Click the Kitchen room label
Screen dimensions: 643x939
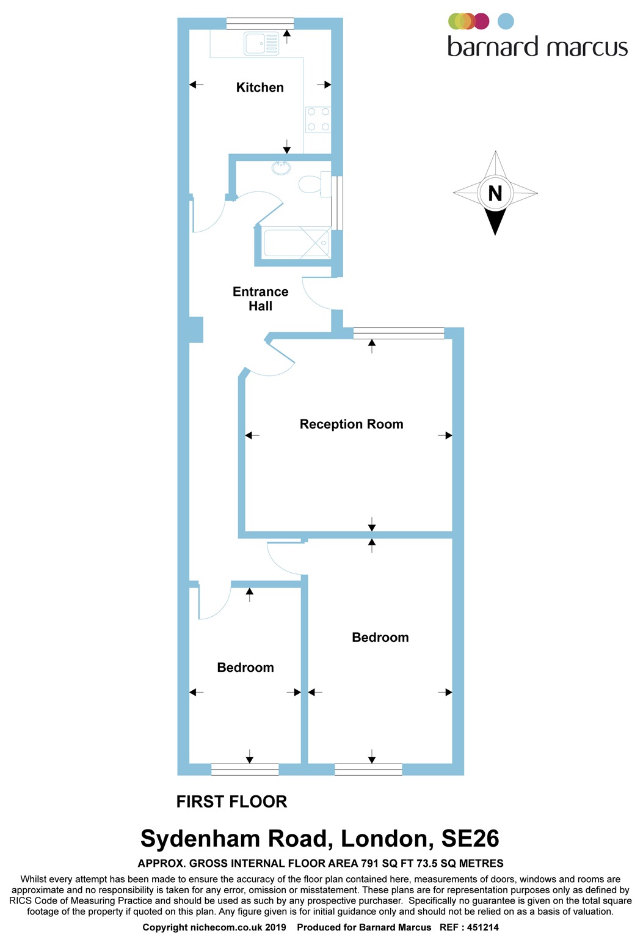point(260,87)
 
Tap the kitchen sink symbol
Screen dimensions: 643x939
point(261,43)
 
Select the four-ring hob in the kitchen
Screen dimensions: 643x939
point(318,119)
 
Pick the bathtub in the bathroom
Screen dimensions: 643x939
point(296,243)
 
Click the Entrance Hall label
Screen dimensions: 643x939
point(260,299)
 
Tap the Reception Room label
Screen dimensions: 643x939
point(351,424)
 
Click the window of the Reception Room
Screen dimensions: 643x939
point(398,333)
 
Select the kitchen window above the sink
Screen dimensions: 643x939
point(260,24)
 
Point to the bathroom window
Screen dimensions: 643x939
point(337,202)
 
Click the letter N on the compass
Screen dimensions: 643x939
point(495,193)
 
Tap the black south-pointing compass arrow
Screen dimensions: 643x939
point(495,221)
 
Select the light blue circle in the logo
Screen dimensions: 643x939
point(506,21)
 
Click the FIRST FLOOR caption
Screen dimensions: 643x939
point(231,801)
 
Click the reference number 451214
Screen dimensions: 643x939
point(482,927)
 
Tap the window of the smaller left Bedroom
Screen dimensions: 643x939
point(245,770)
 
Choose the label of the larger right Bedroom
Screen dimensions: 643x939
point(380,638)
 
